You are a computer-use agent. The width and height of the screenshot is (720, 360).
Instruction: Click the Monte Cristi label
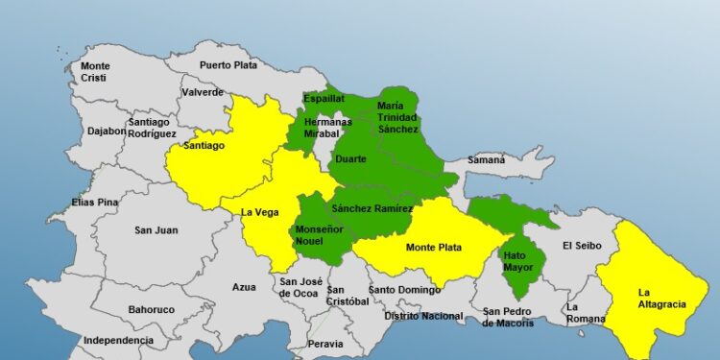pyautogui.click(x=95, y=71)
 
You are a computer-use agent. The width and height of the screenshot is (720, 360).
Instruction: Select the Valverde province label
pyautogui.click(x=203, y=93)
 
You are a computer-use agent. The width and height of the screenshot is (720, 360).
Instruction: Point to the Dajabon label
pyautogui.click(x=106, y=131)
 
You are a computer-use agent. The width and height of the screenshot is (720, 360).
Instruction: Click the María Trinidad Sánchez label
pyautogui.click(x=397, y=116)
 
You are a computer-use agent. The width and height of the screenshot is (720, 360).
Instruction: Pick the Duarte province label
pyautogui.click(x=349, y=158)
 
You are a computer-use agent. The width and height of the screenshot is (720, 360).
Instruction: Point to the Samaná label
pyautogui.click(x=487, y=159)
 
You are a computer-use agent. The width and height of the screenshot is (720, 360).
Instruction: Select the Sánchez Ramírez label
pyautogui.click(x=372, y=208)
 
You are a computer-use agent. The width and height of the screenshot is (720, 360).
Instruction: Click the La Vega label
pyautogui.click(x=259, y=212)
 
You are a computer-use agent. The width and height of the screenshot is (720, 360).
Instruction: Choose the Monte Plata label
pyautogui.click(x=432, y=248)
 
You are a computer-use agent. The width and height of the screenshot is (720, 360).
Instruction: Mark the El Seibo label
pyautogui.click(x=582, y=245)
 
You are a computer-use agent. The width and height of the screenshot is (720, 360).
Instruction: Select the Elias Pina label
pyautogui.click(x=94, y=203)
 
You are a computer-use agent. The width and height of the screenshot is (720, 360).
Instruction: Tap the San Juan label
pyautogui.click(x=156, y=229)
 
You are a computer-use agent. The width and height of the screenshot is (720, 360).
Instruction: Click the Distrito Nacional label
pyautogui.click(x=423, y=315)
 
